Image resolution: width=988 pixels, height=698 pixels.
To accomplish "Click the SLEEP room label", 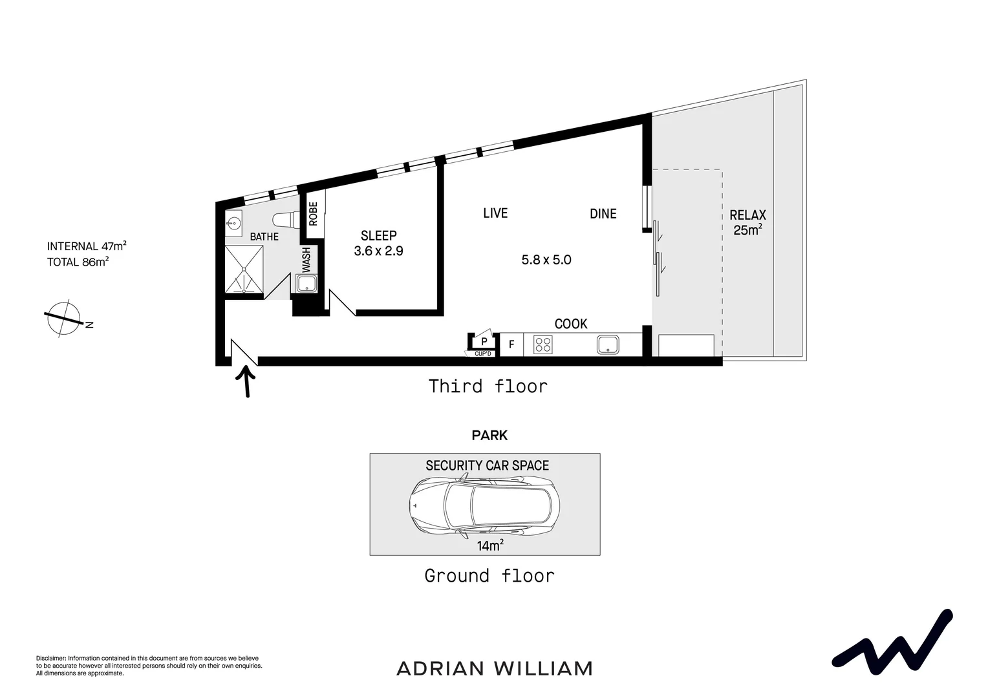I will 378,236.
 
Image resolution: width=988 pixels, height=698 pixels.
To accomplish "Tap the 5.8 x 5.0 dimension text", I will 546,260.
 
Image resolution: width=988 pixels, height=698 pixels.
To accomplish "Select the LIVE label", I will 495,213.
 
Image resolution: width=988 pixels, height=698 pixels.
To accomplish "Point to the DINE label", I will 603,214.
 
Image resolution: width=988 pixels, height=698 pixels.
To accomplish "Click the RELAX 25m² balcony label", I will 747,222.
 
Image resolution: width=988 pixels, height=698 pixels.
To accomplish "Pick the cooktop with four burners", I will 542,344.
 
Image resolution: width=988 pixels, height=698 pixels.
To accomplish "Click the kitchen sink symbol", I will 608,344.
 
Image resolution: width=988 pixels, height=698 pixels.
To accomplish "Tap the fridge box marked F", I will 511,344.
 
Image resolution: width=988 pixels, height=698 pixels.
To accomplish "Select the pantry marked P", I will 483,341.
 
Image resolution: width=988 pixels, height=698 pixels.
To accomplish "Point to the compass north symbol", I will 63,319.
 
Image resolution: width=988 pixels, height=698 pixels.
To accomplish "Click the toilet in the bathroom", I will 285,219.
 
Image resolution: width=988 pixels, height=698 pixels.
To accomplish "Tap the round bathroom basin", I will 233,224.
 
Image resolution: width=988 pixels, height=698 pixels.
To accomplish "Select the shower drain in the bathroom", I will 244,268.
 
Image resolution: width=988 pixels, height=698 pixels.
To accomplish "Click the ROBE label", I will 314,214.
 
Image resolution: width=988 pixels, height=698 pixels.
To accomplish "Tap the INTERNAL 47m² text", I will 87,246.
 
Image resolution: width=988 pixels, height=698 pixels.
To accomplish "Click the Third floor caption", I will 488,386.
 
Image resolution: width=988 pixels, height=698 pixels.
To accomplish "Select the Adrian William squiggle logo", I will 892,640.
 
